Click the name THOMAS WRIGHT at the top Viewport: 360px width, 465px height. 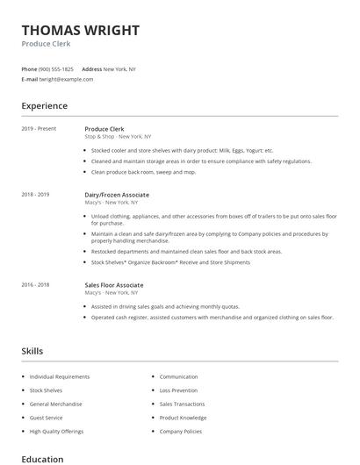pos(80,30)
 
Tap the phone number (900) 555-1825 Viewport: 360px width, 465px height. pos(56,68)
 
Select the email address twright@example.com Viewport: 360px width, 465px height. pos(66,79)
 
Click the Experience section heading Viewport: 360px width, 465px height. pos(44,106)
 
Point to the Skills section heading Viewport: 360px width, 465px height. pos(32,351)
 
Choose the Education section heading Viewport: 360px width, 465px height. pos(42,459)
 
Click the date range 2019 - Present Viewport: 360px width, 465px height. pos(39,129)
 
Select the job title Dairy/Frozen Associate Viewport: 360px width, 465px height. pos(117,195)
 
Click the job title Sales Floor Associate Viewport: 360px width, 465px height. pos(113,285)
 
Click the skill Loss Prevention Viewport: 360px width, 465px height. pos(179,390)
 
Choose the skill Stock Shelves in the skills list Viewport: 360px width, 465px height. pos(46,390)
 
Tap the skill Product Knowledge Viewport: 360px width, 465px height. pos(183,418)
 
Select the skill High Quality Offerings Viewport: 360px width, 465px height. pos(55,432)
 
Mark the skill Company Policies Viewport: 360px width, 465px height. pos(181,432)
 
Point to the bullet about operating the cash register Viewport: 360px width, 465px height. pos(212,317)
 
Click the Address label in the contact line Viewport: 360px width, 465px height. pos(91,68)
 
